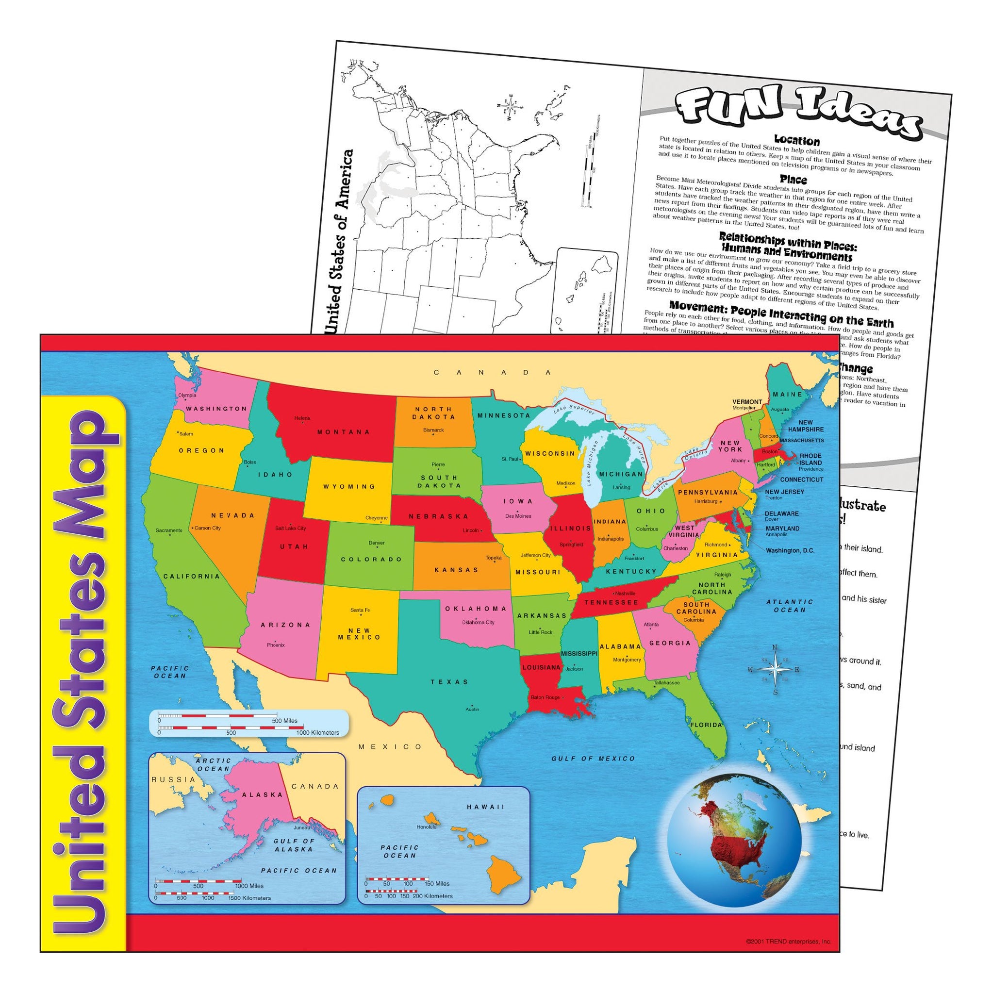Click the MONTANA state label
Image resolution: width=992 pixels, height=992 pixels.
coord(344,432)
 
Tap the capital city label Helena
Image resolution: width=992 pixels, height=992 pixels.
coord(302,418)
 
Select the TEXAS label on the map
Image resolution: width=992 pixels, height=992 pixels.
coord(449,682)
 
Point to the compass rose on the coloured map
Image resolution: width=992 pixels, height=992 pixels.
coord(776,670)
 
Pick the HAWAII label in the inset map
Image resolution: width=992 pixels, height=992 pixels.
coord(486,807)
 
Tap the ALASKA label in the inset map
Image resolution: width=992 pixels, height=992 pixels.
coord(263,794)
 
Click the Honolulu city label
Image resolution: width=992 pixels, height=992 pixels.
coord(427,827)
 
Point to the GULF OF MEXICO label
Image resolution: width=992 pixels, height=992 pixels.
coord(593,759)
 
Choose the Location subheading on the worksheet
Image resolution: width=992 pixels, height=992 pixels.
coord(797,140)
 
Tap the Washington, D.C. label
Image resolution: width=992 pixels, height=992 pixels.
coord(790,550)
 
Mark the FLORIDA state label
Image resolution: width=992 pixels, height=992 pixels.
coord(707,725)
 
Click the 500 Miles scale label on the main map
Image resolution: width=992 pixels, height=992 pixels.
coord(284,721)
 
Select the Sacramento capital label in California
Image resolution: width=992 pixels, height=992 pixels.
coord(169,530)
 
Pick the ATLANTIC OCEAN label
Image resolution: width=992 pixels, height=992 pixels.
coord(790,606)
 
